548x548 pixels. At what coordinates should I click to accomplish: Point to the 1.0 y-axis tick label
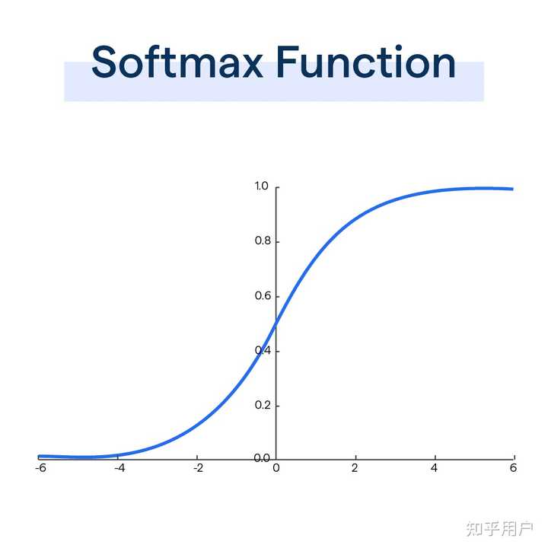click(x=262, y=186)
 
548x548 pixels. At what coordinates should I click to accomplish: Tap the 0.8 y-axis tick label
click(x=262, y=241)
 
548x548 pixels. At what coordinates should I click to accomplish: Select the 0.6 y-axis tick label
click(x=262, y=296)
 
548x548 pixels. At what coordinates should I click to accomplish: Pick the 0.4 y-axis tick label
click(x=262, y=351)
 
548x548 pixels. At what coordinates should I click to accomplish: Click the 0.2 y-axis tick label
click(x=262, y=405)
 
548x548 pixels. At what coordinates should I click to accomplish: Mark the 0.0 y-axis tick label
click(x=262, y=458)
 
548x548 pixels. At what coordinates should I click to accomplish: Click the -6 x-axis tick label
click(x=40, y=468)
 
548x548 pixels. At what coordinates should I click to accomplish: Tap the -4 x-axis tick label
click(x=119, y=468)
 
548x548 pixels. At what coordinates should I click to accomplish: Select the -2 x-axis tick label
click(x=197, y=468)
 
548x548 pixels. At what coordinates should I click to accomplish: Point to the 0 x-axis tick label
click(x=276, y=468)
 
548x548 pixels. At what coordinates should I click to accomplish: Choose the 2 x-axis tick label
click(x=355, y=468)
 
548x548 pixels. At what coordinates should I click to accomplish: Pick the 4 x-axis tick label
click(x=434, y=468)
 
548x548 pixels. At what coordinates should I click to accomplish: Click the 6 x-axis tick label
click(x=513, y=468)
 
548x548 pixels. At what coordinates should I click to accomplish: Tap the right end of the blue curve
click(x=512, y=189)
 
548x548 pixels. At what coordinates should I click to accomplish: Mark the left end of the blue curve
click(x=40, y=456)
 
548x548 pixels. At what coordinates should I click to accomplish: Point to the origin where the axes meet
click(x=276, y=459)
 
